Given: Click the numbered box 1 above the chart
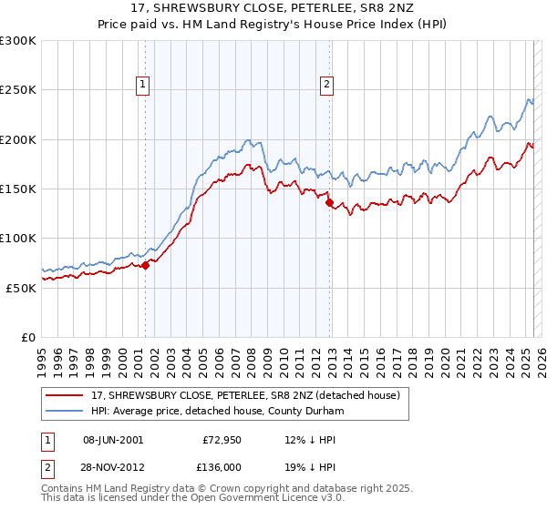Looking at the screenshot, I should pos(144,86).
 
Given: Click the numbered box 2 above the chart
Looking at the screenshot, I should pos(327,86).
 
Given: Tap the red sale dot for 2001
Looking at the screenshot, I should pos(145,265).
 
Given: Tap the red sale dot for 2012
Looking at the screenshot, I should pos(330,203).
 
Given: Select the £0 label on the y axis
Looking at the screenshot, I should pos(29,337).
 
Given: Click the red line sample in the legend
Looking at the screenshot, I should pos(65,395).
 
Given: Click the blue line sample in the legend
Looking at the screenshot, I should pos(65,411).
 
